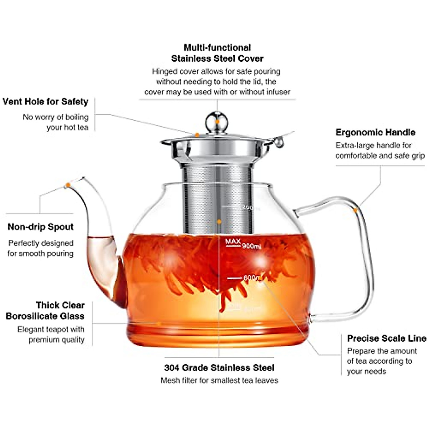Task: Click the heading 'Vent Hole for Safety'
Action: pos(45,102)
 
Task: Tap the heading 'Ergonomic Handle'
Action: pos(375,132)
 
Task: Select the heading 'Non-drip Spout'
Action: pos(40,227)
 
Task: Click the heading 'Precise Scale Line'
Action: pos(387,338)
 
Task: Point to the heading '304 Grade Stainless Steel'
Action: pos(219,368)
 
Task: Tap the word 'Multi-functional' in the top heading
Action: pos(217,48)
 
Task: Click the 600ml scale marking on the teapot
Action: pos(246,277)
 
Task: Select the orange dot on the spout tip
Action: pos(67,185)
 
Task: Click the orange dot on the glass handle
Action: pos(356,210)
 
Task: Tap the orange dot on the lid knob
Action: pos(217,122)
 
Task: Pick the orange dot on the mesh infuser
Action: pos(219,221)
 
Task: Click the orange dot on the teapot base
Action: pos(159,324)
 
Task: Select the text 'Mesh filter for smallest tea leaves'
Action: pos(219,381)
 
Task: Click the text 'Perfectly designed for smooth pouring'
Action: pos(41,248)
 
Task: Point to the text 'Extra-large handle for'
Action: pos(373,146)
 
